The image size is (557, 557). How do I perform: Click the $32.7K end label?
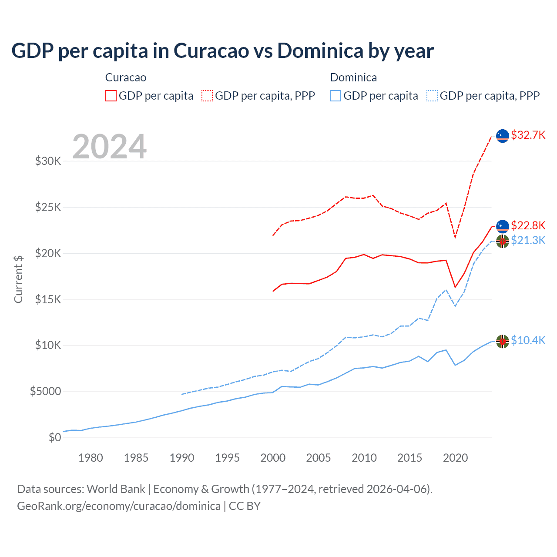(x=528, y=135)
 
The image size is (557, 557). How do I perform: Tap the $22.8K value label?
(x=528, y=225)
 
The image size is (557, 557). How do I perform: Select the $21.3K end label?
(x=528, y=240)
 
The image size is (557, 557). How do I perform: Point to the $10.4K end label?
(x=528, y=340)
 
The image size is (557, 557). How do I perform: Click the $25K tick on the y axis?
(x=48, y=207)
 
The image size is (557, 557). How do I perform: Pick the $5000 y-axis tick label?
(x=45, y=391)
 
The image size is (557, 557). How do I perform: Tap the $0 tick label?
(x=55, y=437)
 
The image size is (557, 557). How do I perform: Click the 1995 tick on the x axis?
(x=227, y=458)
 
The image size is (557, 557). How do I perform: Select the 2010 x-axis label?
(x=364, y=458)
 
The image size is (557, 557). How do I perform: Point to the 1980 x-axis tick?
(x=91, y=458)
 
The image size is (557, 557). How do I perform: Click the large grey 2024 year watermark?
(x=109, y=147)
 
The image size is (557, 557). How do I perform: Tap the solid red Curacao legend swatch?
(x=111, y=96)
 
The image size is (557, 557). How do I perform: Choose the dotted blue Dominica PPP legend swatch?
(x=432, y=96)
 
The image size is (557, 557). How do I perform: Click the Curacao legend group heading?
(x=126, y=77)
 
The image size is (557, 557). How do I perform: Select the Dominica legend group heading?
(x=353, y=77)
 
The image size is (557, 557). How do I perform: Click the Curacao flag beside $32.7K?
(x=503, y=136)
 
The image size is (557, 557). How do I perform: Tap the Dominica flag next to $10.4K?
(x=503, y=342)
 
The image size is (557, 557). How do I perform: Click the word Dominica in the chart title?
(x=320, y=51)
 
